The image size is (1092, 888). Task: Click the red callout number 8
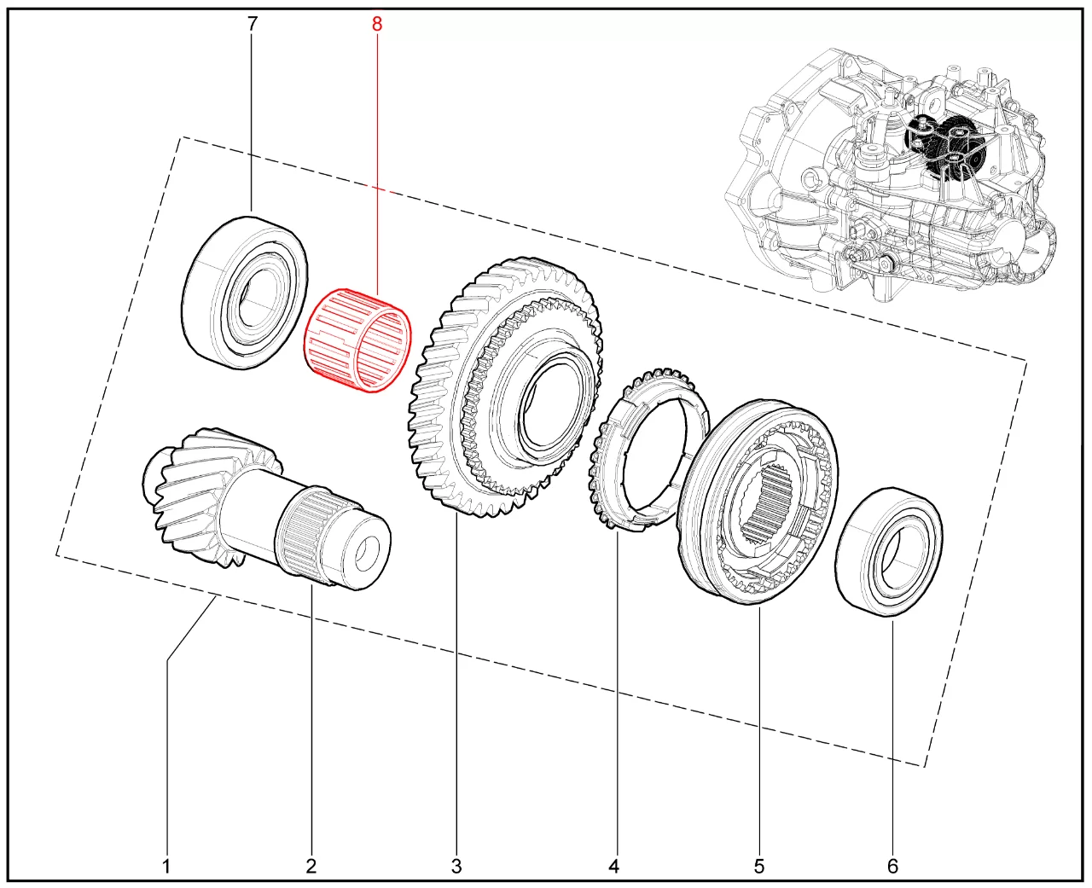(377, 24)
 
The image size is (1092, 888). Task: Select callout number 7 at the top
(252, 24)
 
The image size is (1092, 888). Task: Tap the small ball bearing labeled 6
(888, 551)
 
